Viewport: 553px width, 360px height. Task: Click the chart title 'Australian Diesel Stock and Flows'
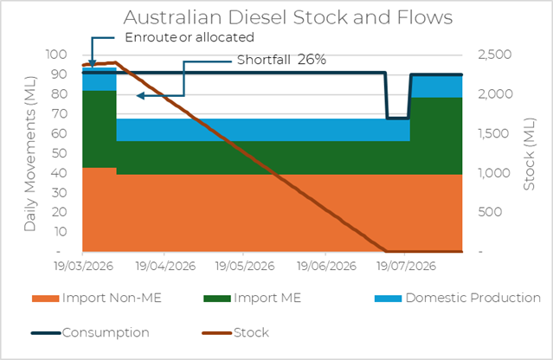point(276,17)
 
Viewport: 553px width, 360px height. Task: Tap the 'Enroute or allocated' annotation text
point(190,37)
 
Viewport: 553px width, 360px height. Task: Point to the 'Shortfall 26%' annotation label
point(281,61)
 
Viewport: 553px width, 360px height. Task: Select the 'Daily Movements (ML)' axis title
point(30,152)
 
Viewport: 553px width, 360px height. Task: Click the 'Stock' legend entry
point(250,331)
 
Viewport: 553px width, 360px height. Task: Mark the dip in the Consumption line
point(397,117)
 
